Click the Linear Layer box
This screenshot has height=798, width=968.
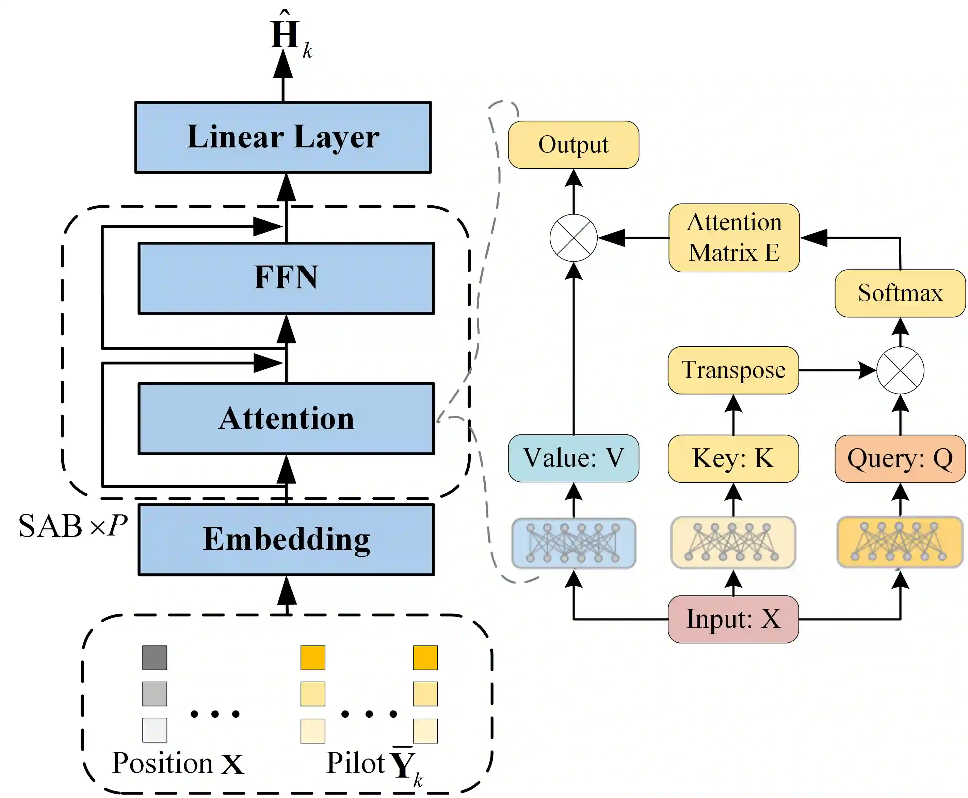tap(283, 137)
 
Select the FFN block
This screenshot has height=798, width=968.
tap(286, 278)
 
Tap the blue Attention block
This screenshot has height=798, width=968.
tap(286, 418)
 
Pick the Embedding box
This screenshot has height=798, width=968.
tap(286, 539)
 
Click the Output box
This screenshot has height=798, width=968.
tap(573, 145)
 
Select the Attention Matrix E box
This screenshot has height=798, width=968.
tap(733, 238)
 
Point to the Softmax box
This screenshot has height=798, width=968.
tap(900, 293)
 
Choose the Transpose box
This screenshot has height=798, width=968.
tap(733, 370)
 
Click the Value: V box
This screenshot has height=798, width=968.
tap(573, 458)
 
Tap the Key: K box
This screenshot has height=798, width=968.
tap(733, 458)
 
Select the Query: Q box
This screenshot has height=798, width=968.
tap(900, 458)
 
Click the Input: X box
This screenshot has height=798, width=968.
tap(733, 619)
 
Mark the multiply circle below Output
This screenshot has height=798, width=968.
tap(573, 238)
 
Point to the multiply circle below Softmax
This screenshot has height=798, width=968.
tap(900, 370)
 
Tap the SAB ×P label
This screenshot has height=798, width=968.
tap(72, 525)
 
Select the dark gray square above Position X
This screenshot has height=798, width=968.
tap(155, 657)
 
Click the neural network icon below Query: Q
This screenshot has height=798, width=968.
tap(900, 542)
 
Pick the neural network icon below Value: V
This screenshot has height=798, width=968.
tap(573, 543)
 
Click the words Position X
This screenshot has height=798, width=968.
tap(178, 764)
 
